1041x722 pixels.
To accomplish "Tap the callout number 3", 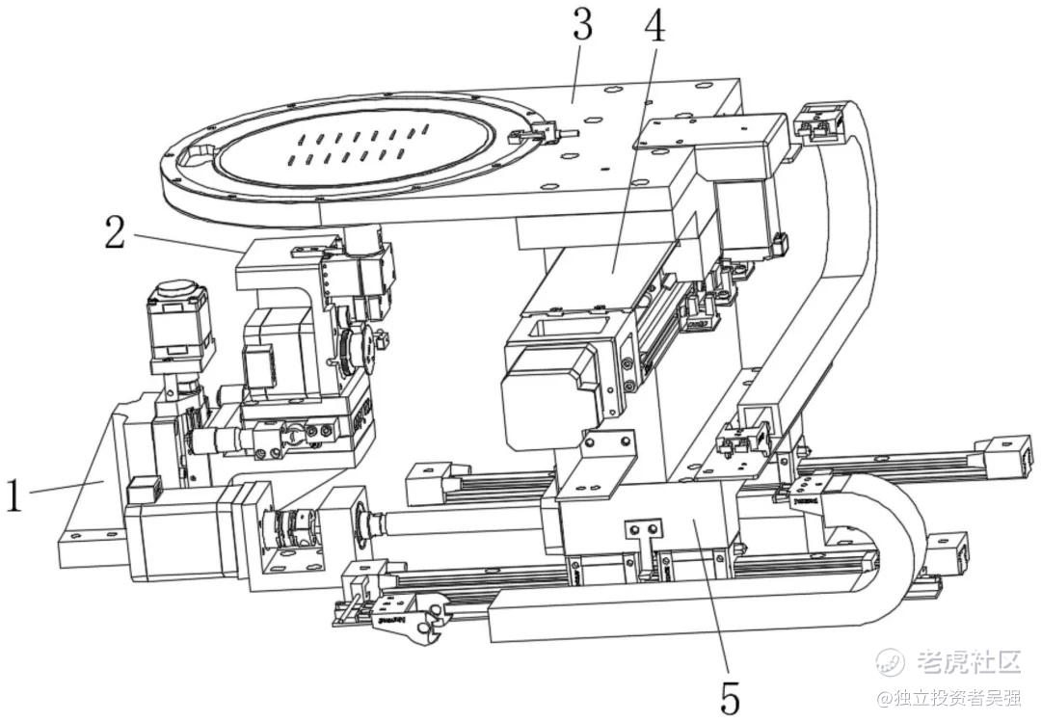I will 581,26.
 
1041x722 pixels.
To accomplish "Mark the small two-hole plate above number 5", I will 642,532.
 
